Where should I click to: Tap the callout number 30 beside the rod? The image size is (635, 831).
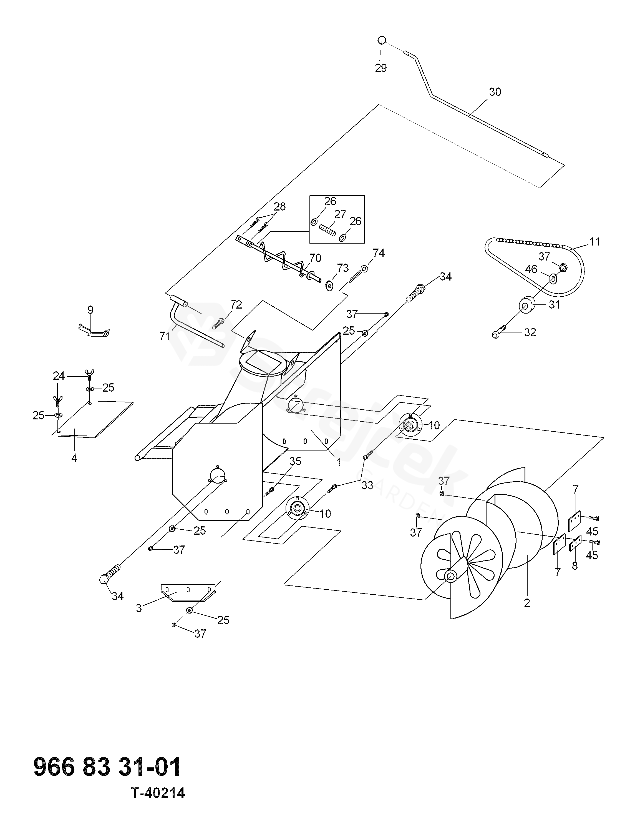495,92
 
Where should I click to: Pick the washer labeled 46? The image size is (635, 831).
553,279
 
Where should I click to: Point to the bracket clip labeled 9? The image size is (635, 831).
94,331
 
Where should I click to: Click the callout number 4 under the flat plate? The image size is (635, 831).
74,458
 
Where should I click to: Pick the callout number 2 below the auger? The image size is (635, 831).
527,603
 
